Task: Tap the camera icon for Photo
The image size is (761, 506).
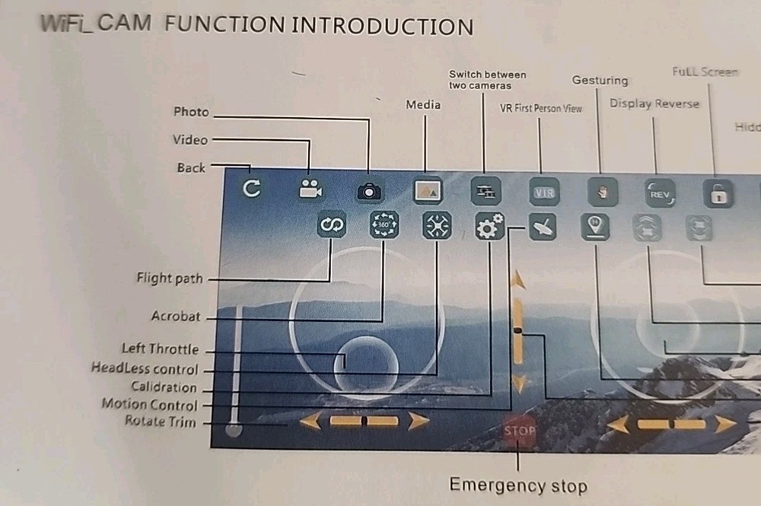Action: pyautogui.click(x=370, y=191)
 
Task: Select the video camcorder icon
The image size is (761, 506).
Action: pyautogui.click(x=310, y=189)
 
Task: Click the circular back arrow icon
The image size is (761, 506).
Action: pyautogui.click(x=252, y=188)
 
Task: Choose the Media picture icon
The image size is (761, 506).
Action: pyautogui.click(x=428, y=191)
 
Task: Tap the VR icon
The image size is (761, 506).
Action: pyautogui.click(x=544, y=192)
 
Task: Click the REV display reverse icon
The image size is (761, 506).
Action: pyautogui.click(x=659, y=193)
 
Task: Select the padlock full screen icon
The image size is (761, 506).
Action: pyautogui.click(x=718, y=194)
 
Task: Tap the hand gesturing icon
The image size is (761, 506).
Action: pyautogui.click(x=602, y=193)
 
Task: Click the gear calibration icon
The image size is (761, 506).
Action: pyautogui.click(x=489, y=226)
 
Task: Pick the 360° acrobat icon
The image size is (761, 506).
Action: pyautogui.click(x=384, y=225)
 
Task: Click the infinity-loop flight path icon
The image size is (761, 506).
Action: pyautogui.click(x=333, y=224)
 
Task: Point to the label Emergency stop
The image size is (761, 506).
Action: pyautogui.click(x=517, y=485)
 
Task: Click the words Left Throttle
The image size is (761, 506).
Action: pyautogui.click(x=160, y=349)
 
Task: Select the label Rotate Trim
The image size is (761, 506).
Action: pyautogui.click(x=160, y=422)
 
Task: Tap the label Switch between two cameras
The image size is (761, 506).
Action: pyautogui.click(x=487, y=80)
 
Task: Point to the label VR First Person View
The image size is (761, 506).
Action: pyautogui.click(x=540, y=108)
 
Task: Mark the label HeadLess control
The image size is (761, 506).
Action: pyautogui.click(x=145, y=369)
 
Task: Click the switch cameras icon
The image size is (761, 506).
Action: pyautogui.click(x=485, y=191)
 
